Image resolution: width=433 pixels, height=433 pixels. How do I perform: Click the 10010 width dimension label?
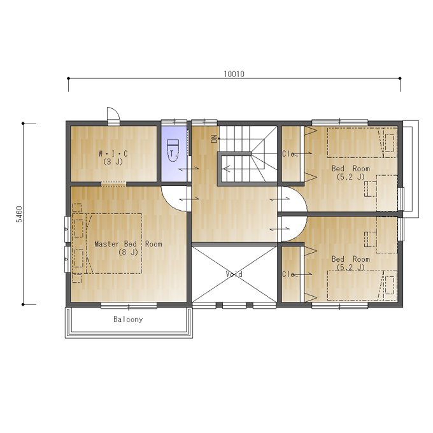(234, 74)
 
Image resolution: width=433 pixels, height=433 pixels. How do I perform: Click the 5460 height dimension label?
(19, 214)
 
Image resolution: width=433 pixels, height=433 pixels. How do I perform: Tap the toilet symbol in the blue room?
(173, 150)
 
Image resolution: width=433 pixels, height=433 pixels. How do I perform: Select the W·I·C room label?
(113, 153)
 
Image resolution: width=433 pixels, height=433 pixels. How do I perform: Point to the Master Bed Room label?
(129, 244)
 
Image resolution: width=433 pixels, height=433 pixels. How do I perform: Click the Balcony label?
(128, 320)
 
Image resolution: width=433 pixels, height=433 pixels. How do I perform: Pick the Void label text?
(234, 274)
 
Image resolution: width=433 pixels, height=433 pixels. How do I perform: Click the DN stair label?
(215, 139)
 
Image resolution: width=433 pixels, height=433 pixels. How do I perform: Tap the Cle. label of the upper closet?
(290, 153)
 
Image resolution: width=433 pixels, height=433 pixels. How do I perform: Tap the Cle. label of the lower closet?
(290, 274)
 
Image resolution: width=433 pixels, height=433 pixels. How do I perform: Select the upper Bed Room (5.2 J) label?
(351, 173)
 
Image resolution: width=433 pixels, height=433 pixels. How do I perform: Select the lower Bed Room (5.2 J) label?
(351, 263)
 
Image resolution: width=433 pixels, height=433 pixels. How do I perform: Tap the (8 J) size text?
(128, 252)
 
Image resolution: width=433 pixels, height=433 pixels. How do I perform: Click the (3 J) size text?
(113, 162)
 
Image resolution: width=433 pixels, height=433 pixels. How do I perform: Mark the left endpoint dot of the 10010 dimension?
(69, 78)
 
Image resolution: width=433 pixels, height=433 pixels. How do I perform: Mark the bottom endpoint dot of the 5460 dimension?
(23, 304)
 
